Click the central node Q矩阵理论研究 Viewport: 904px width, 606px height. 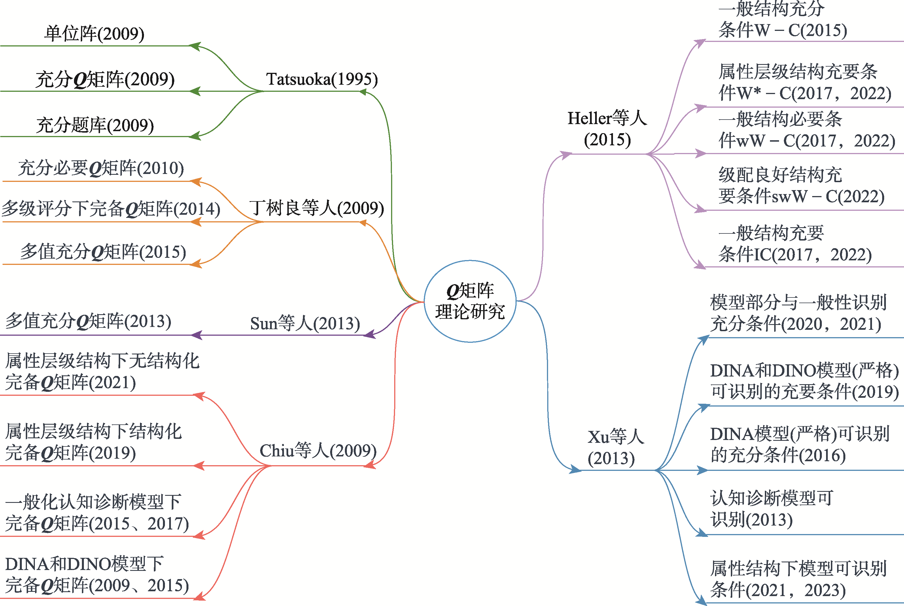tap(470, 301)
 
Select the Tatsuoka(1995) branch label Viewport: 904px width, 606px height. tap(322, 79)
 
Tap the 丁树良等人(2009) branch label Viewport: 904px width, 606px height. tap(317, 208)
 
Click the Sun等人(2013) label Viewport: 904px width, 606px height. tap(305, 323)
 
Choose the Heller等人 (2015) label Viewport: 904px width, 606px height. tap(607, 129)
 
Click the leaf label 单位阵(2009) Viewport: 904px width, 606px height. tap(94, 34)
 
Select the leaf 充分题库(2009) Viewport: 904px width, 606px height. tap(95, 125)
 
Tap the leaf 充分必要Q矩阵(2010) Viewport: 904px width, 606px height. tap(101, 168)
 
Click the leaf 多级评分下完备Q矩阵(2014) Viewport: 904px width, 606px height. tap(111, 209)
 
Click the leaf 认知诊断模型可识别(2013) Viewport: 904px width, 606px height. tap(771, 509)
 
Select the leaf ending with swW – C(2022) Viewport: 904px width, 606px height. tap(801, 186)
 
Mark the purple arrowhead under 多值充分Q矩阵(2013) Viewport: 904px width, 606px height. tap(197, 335)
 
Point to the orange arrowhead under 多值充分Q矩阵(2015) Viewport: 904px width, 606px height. tap(196, 264)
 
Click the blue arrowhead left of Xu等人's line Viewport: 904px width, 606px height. tap(575, 470)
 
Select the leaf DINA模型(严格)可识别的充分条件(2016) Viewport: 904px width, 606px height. tap(799, 445)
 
